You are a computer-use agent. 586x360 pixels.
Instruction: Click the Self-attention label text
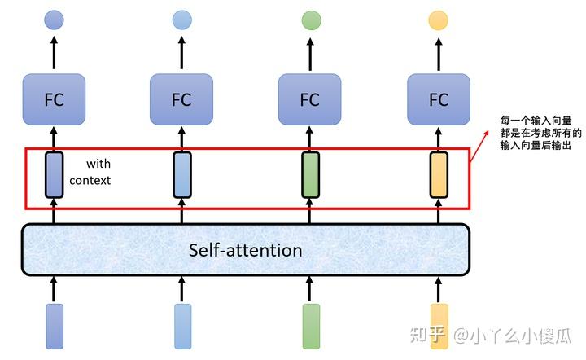tap(245, 250)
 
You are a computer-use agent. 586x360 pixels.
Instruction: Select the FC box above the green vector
tap(310, 99)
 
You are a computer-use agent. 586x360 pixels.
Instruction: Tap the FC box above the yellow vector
tap(439, 99)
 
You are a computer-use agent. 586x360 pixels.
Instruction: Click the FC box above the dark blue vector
tap(54, 99)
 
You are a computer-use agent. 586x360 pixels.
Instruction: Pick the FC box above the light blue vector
tap(181, 99)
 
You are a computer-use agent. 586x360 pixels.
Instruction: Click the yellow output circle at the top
tap(439, 20)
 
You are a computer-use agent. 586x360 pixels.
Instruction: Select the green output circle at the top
tap(311, 20)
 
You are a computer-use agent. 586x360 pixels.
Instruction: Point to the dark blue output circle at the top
tap(54, 20)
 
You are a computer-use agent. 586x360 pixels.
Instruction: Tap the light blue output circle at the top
tap(182, 20)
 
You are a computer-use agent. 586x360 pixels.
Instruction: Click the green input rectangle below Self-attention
tap(311, 327)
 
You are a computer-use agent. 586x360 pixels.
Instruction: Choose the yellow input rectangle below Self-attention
tap(439, 327)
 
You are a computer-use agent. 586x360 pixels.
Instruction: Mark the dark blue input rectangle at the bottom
tap(55, 327)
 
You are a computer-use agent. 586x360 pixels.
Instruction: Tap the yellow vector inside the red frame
tap(439, 174)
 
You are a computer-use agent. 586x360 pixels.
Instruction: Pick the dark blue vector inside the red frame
tap(55, 174)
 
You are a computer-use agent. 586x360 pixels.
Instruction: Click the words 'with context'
tap(90, 172)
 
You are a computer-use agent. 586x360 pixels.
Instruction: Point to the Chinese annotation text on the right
tap(535, 133)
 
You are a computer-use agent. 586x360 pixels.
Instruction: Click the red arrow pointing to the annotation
tap(484, 138)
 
